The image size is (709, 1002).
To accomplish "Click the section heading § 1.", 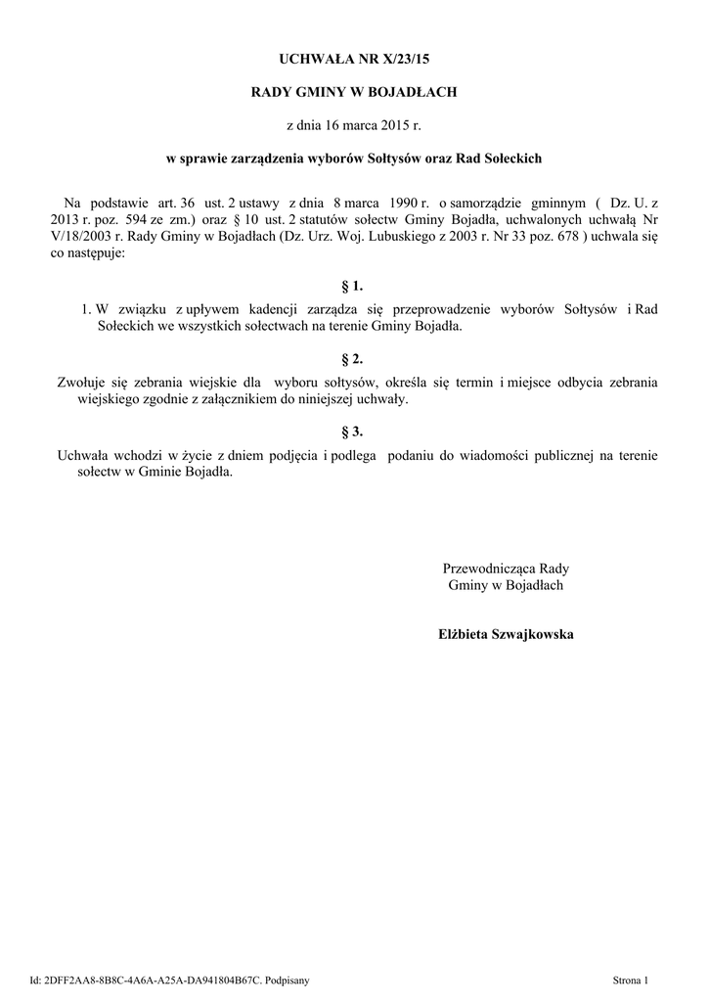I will click(x=352, y=286).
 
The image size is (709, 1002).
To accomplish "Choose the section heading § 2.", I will click(x=352, y=357).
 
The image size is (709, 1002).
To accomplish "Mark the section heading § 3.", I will click(x=352, y=430).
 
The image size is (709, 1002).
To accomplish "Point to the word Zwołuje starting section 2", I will click(x=83, y=382).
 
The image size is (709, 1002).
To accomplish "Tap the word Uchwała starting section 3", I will click(x=85, y=454).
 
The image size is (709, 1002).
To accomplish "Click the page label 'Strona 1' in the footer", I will click(x=631, y=979).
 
